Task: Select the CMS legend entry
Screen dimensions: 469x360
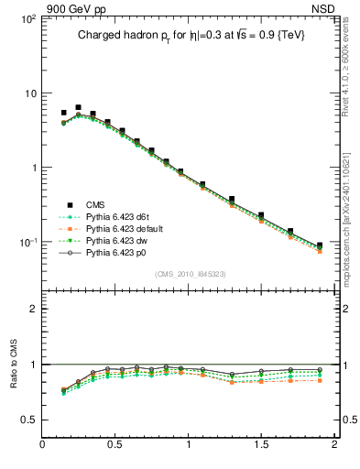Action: point(96,204)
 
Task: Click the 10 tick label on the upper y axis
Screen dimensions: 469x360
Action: point(29,93)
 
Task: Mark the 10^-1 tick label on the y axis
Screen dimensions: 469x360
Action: point(26,243)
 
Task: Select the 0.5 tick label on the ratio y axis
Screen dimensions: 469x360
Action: point(27,420)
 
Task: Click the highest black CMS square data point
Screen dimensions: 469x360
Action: point(78,107)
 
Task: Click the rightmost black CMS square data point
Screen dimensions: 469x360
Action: point(320,245)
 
